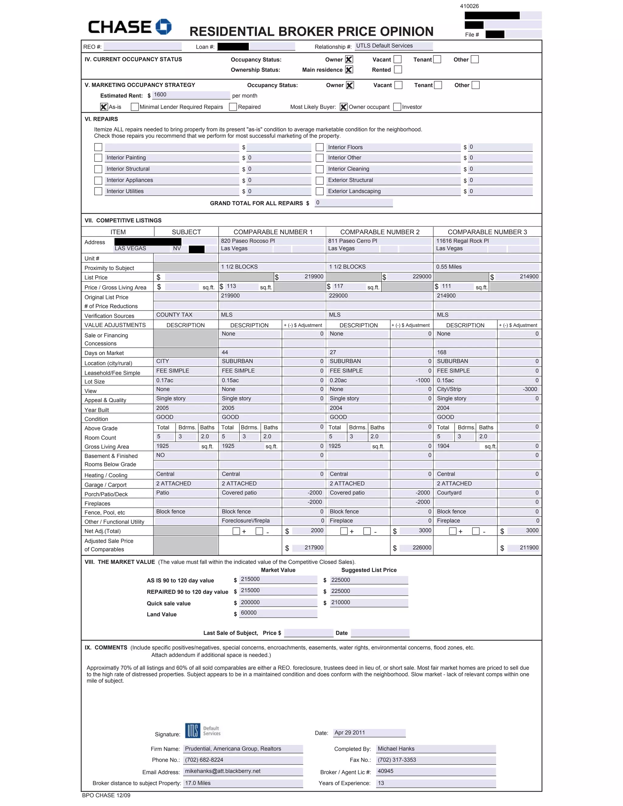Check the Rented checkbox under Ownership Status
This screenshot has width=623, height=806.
(398, 69)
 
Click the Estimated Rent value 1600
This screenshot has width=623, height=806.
(160, 95)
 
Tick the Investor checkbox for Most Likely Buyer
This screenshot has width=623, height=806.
(397, 107)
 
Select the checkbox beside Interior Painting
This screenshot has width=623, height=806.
(98, 158)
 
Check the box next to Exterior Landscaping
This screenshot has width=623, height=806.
(320, 191)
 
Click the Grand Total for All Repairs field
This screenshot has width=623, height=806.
(353, 203)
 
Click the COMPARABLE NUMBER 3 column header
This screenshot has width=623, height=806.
(487, 232)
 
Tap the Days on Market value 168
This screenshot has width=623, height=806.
(442, 352)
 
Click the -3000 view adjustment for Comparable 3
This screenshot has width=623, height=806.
(530, 389)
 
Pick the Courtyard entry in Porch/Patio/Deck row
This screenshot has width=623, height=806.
(449, 493)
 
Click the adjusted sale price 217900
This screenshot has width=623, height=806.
(314, 548)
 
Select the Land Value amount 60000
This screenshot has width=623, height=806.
(249, 613)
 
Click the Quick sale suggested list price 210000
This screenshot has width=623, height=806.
(341, 602)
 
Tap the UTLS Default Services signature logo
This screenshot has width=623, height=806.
(203, 730)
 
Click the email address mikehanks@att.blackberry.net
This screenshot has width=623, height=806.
(223, 771)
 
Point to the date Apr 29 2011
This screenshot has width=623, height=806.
(350, 733)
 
